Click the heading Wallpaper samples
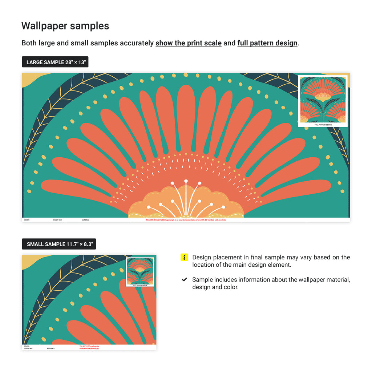[65, 26]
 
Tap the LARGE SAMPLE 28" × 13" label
[56, 62]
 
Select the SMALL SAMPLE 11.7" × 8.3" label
[59, 244]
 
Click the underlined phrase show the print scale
[189, 43]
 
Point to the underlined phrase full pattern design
[267, 43]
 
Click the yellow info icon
[185, 257]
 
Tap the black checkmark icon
[185, 279]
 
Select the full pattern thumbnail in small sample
[140, 272]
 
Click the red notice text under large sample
[186, 220]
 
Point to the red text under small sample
[89, 347]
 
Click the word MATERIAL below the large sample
[86, 220]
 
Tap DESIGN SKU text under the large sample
[57, 220]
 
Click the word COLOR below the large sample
[27, 220]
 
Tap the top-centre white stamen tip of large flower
[186, 181]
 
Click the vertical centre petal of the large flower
[186, 116]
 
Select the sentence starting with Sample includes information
[271, 283]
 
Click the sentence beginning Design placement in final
[271, 261]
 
